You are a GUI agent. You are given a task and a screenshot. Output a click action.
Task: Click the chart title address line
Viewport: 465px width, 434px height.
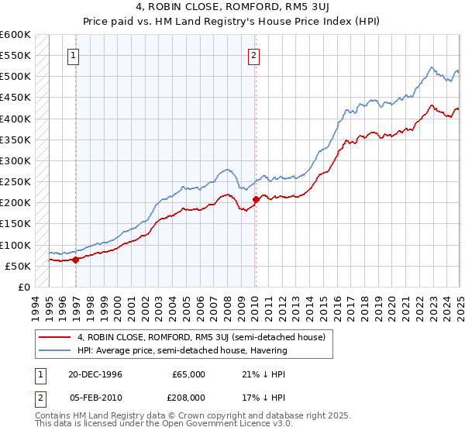tap(232, 7)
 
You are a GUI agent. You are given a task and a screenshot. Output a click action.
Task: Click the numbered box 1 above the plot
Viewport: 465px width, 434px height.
tap(73, 55)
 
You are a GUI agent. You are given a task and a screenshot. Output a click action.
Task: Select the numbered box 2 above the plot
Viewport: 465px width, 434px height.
tap(254, 55)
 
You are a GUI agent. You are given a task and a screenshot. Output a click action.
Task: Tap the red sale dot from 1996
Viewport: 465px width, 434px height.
tap(76, 260)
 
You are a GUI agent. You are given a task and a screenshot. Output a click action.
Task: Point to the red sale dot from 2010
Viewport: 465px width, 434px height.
tap(256, 200)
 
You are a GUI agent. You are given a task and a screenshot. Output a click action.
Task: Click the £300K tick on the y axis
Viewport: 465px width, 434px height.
tap(15, 161)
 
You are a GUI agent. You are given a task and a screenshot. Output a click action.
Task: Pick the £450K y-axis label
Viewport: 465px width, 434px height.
tap(15, 98)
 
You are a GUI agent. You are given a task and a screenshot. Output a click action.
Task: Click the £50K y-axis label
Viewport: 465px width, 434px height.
tap(18, 267)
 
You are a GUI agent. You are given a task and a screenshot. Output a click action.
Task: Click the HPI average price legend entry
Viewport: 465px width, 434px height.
tap(181, 350)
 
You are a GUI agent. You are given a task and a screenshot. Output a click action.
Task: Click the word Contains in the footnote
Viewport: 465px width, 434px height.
tap(53, 415)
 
